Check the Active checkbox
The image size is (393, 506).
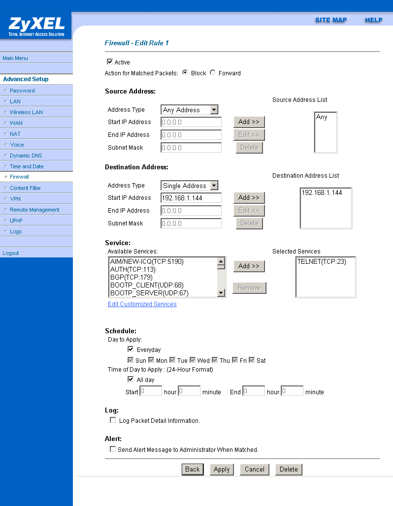pyautogui.click(x=110, y=62)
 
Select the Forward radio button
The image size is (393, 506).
pyautogui.click(x=213, y=73)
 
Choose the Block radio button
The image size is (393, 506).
pyautogui.click(x=185, y=73)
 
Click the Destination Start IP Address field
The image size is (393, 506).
pyautogui.click(x=191, y=198)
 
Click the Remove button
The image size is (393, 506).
pyautogui.click(x=249, y=288)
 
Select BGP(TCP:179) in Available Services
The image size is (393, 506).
pyautogui.click(x=131, y=277)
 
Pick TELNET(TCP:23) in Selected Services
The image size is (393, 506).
pyautogui.click(x=322, y=262)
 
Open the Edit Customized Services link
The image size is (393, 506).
pyautogui.click(x=142, y=304)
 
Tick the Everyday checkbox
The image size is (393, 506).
pyautogui.click(x=131, y=349)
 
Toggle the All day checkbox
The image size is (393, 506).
pyautogui.click(x=131, y=379)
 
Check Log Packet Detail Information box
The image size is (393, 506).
pyautogui.click(x=113, y=420)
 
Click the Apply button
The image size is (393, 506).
pyautogui.click(x=222, y=470)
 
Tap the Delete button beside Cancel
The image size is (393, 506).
pyautogui.click(x=289, y=470)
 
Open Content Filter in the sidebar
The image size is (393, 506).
pyautogui.click(x=26, y=188)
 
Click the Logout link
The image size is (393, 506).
pyautogui.click(x=11, y=253)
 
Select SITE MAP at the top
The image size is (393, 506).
pyautogui.click(x=331, y=20)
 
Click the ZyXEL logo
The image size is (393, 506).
pyautogui.click(x=36, y=26)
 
